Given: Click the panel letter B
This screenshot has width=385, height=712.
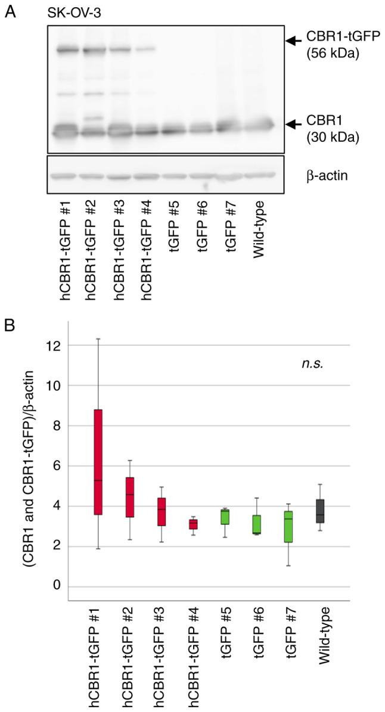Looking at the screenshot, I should [x=10, y=328].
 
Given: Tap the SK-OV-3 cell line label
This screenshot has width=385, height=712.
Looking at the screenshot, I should [x=71, y=13].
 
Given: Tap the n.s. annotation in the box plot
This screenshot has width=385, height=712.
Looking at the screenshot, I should [x=311, y=365].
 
